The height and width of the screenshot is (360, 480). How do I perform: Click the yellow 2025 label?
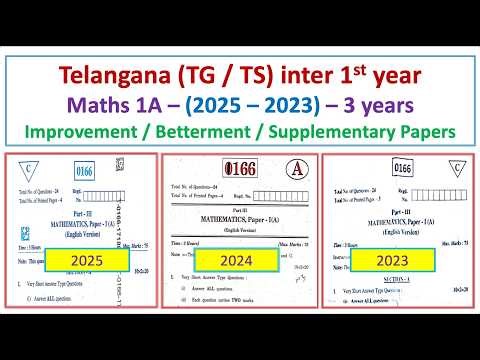click(x=82, y=261)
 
